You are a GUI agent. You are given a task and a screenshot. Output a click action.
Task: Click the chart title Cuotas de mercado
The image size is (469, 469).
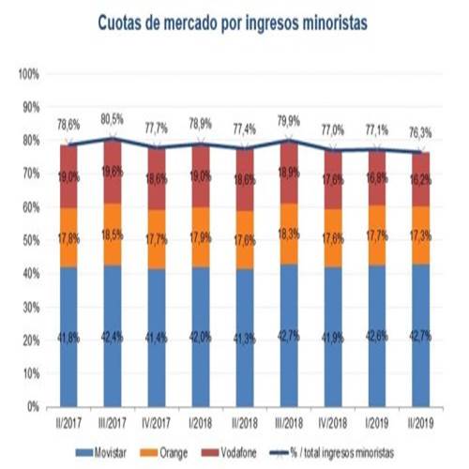pos(234,21)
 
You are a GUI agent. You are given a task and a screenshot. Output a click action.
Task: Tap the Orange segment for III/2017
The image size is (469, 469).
pos(113,234)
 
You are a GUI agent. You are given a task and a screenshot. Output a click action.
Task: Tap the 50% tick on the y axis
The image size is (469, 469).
pos(30,240)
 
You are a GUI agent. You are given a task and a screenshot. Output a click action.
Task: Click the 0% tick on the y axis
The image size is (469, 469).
pos(33,407)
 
